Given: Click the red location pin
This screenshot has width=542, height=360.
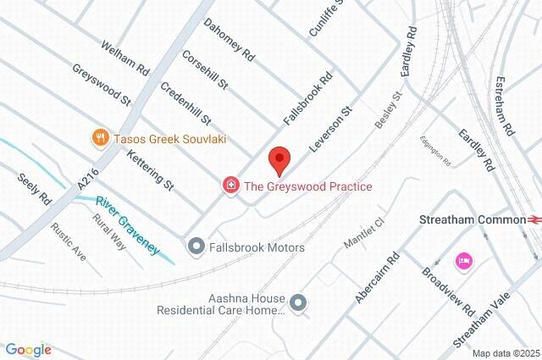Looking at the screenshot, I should click(x=279, y=158).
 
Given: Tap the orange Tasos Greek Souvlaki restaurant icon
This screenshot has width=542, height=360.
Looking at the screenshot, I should click(x=101, y=137).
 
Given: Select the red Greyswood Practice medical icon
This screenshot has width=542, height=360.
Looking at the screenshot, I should click(x=230, y=186).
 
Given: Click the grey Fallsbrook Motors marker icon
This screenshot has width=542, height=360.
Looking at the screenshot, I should click(x=196, y=247).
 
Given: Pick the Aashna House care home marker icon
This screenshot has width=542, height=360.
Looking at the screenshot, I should click(x=297, y=302).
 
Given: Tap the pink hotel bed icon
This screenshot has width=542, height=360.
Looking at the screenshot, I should click(x=463, y=259).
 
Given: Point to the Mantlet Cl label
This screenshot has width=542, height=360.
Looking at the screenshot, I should click(x=364, y=233).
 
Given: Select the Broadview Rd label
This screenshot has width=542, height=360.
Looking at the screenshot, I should click(x=449, y=294).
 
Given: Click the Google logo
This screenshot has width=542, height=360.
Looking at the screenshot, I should click(x=28, y=349).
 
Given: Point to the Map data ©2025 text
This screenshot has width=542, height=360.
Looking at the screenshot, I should click(x=505, y=353).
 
